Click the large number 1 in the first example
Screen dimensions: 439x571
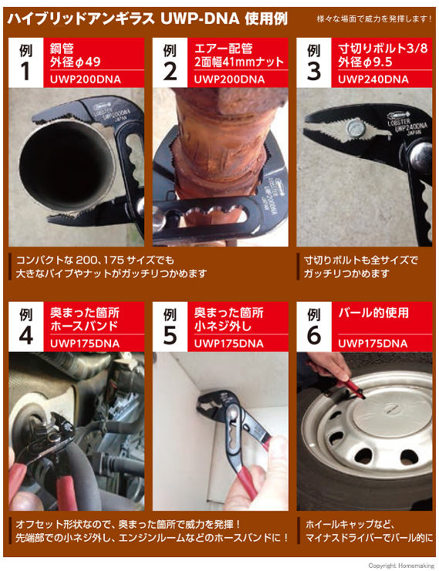pyautogui.click(x=25, y=71)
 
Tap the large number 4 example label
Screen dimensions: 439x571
pyautogui.click(x=25, y=335)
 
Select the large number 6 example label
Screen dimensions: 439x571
pyautogui.click(x=314, y=335)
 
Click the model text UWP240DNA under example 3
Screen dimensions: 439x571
pyautogui.click(x=373, y=79)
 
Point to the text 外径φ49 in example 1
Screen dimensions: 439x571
pyautogui.click(x=75, y=62)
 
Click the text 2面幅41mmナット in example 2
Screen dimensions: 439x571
pyautogui.click(x=239, y=62)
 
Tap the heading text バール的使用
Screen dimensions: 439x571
pyautogui.click(x=373, y=313)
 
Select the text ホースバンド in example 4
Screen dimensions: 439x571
pyautogui.click(x=84, y=326)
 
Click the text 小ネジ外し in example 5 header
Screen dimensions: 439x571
pyautogui.click(x=222, y=326)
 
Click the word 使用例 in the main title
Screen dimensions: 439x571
pyautogui.click(x=266, y=19)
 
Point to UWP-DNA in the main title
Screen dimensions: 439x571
pyautogui.click(x=200, y=19)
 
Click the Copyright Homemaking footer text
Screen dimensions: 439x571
pyautogui.click(x=401, y=566)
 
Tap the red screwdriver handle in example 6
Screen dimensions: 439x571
pyautogui.click(x=350, y=386)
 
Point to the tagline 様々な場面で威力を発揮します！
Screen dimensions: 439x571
pyautogui.click(x=374, y=19)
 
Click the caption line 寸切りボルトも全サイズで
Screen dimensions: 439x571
pyautogui.click(x=361, y=260)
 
